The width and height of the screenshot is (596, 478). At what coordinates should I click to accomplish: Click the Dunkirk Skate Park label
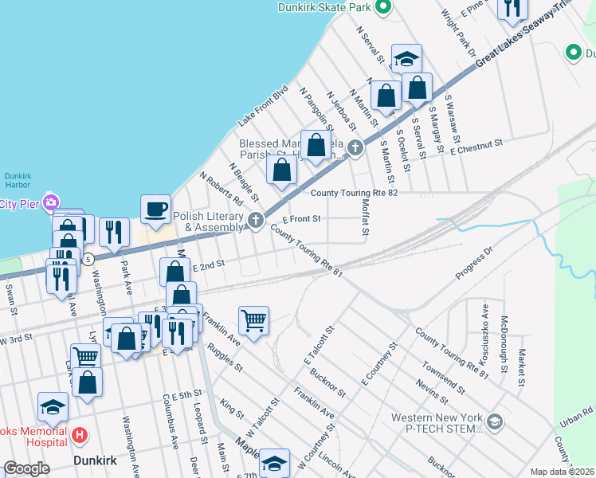click(x=325, y=8)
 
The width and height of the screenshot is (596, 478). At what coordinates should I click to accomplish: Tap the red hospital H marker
click(x=80, y=435)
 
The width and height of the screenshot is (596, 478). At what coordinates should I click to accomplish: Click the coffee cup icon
click(x=155, y=209)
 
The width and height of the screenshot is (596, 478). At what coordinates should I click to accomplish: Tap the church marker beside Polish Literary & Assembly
click(x=255, y=221)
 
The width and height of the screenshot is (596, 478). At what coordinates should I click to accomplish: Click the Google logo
click(x=26, y=469)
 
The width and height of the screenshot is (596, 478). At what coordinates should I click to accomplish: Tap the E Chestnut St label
click(x=477, y=147)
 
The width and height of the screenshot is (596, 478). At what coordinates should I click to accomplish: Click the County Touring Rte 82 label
click(x=353, y=193)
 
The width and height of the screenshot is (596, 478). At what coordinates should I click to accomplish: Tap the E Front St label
click(x=302, y=218)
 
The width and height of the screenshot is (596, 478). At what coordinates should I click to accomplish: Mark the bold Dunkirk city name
click(x=96, y=460)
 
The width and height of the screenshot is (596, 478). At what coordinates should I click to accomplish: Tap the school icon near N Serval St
click(x=406, y=58)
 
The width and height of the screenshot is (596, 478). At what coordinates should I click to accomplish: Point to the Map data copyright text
click(x=562, y=472)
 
